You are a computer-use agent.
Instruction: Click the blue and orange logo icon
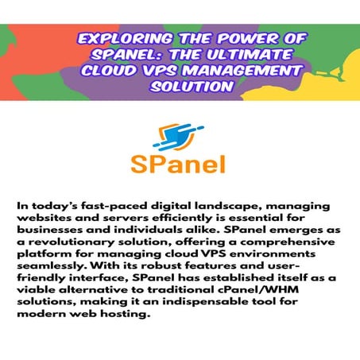(177, 136)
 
